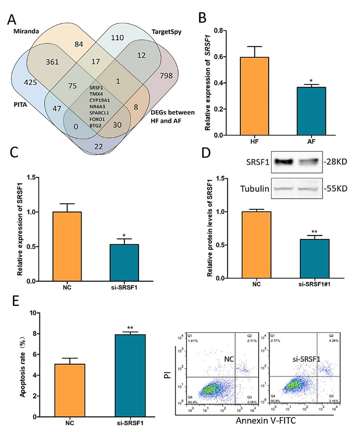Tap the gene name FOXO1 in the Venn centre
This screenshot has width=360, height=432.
[97, 119]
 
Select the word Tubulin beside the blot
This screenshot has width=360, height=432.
[253, 188]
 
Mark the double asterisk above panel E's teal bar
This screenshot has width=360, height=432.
[130, 328]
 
